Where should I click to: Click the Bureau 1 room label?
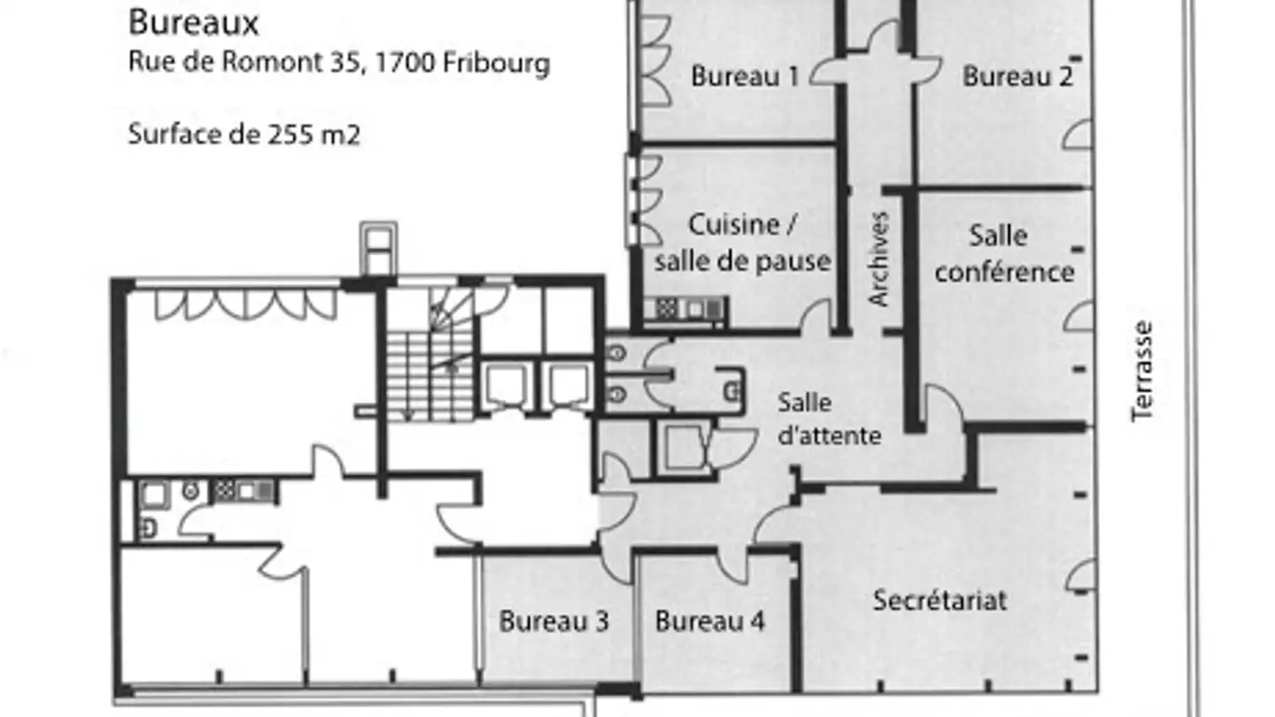(x=745, y=77)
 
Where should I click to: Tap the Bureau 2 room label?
(x=1017, y=77)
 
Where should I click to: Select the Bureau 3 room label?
(x=553, y=621)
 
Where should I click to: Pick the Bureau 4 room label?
(x=709, y=621)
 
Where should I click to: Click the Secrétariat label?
(x=939, y=600)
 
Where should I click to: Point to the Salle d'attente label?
(x=829, y=419)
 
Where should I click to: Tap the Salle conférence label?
(x=1003, y=253)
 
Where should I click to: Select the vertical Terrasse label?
(x=1143, y=370)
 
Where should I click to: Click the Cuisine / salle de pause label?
(x=742, y=243)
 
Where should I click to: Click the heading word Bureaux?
(x=193, y=23)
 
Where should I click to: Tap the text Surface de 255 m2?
(x=243, y=135)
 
